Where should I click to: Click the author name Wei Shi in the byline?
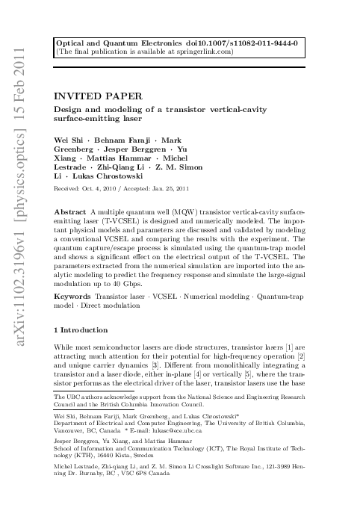point(70,140)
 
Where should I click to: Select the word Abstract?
point(72,214)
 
